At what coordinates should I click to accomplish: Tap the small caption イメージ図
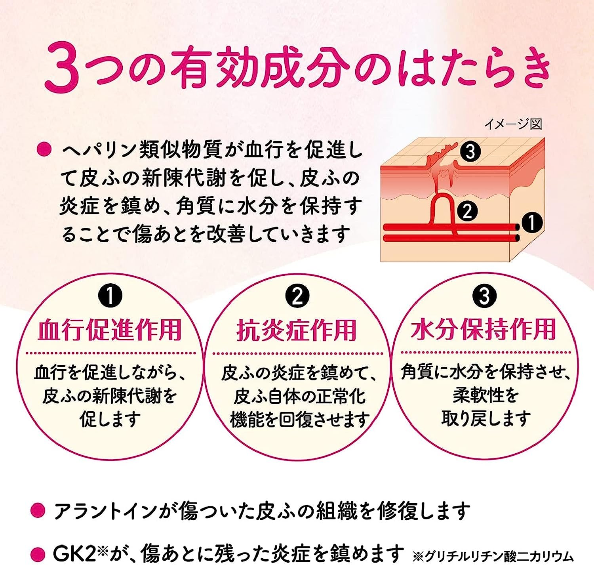coord(513,124)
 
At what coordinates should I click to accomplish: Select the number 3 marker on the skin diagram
coord(470,152)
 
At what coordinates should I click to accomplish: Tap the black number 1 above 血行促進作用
coord(110,296)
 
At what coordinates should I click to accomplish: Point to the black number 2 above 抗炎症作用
coord(297,296)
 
